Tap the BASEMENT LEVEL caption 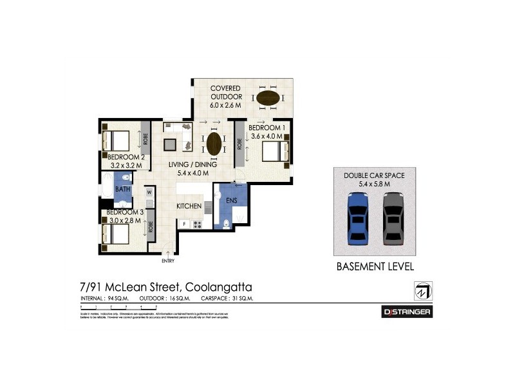tap(374, 266)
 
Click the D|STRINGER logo tap(406, 312)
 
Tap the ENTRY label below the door tap(167, 261)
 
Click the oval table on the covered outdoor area tap(268, 99)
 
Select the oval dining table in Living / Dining tap(214, 143)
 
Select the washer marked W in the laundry tap(149, 192)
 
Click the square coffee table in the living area tap(170, 144)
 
